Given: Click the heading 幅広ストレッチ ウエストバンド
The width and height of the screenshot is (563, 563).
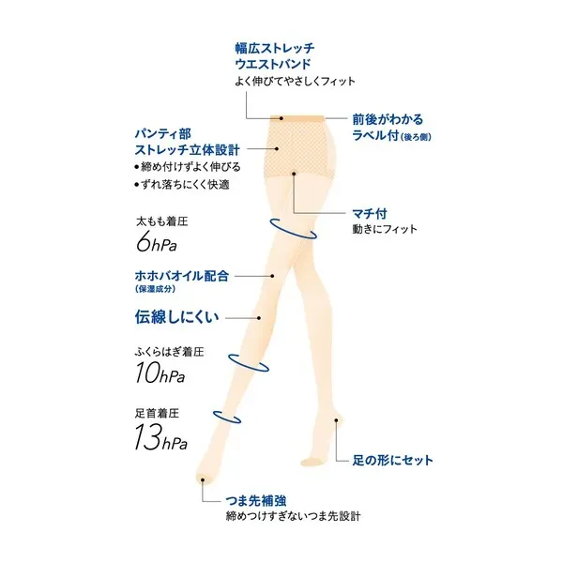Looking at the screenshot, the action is (x=275, y=56).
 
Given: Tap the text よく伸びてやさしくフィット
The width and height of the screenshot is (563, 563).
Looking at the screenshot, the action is (x=296, y=81).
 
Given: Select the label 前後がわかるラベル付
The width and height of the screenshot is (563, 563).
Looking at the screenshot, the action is (x=391, y=128).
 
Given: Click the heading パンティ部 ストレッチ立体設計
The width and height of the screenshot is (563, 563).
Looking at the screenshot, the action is (x=187, y=142).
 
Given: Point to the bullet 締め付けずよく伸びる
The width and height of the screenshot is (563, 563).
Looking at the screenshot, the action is (x=188, y=167).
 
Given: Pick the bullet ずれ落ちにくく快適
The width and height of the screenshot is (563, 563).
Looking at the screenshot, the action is (x=182, y=185).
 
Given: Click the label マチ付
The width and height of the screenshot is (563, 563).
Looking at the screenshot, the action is (x=370, y=214).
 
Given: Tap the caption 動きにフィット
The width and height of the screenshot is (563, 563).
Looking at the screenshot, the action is (x=385, y=229).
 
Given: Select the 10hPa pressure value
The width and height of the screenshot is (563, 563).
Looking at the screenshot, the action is (x=160, y=373).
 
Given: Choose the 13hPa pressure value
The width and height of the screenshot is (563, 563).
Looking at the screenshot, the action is (x=160, y=437).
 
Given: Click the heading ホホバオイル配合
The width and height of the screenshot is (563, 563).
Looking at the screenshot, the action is (x=182, y=276).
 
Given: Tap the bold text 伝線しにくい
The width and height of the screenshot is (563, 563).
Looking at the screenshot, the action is (x=176, y=317).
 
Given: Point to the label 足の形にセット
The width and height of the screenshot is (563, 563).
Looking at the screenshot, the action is (x=392, y=460).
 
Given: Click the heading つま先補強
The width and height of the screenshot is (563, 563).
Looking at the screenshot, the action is (x=255, y=500).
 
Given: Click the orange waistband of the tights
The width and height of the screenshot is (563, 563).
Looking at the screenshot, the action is (x=297, y=118).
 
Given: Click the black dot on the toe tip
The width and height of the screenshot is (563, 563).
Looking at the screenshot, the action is (x=203, y=479).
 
